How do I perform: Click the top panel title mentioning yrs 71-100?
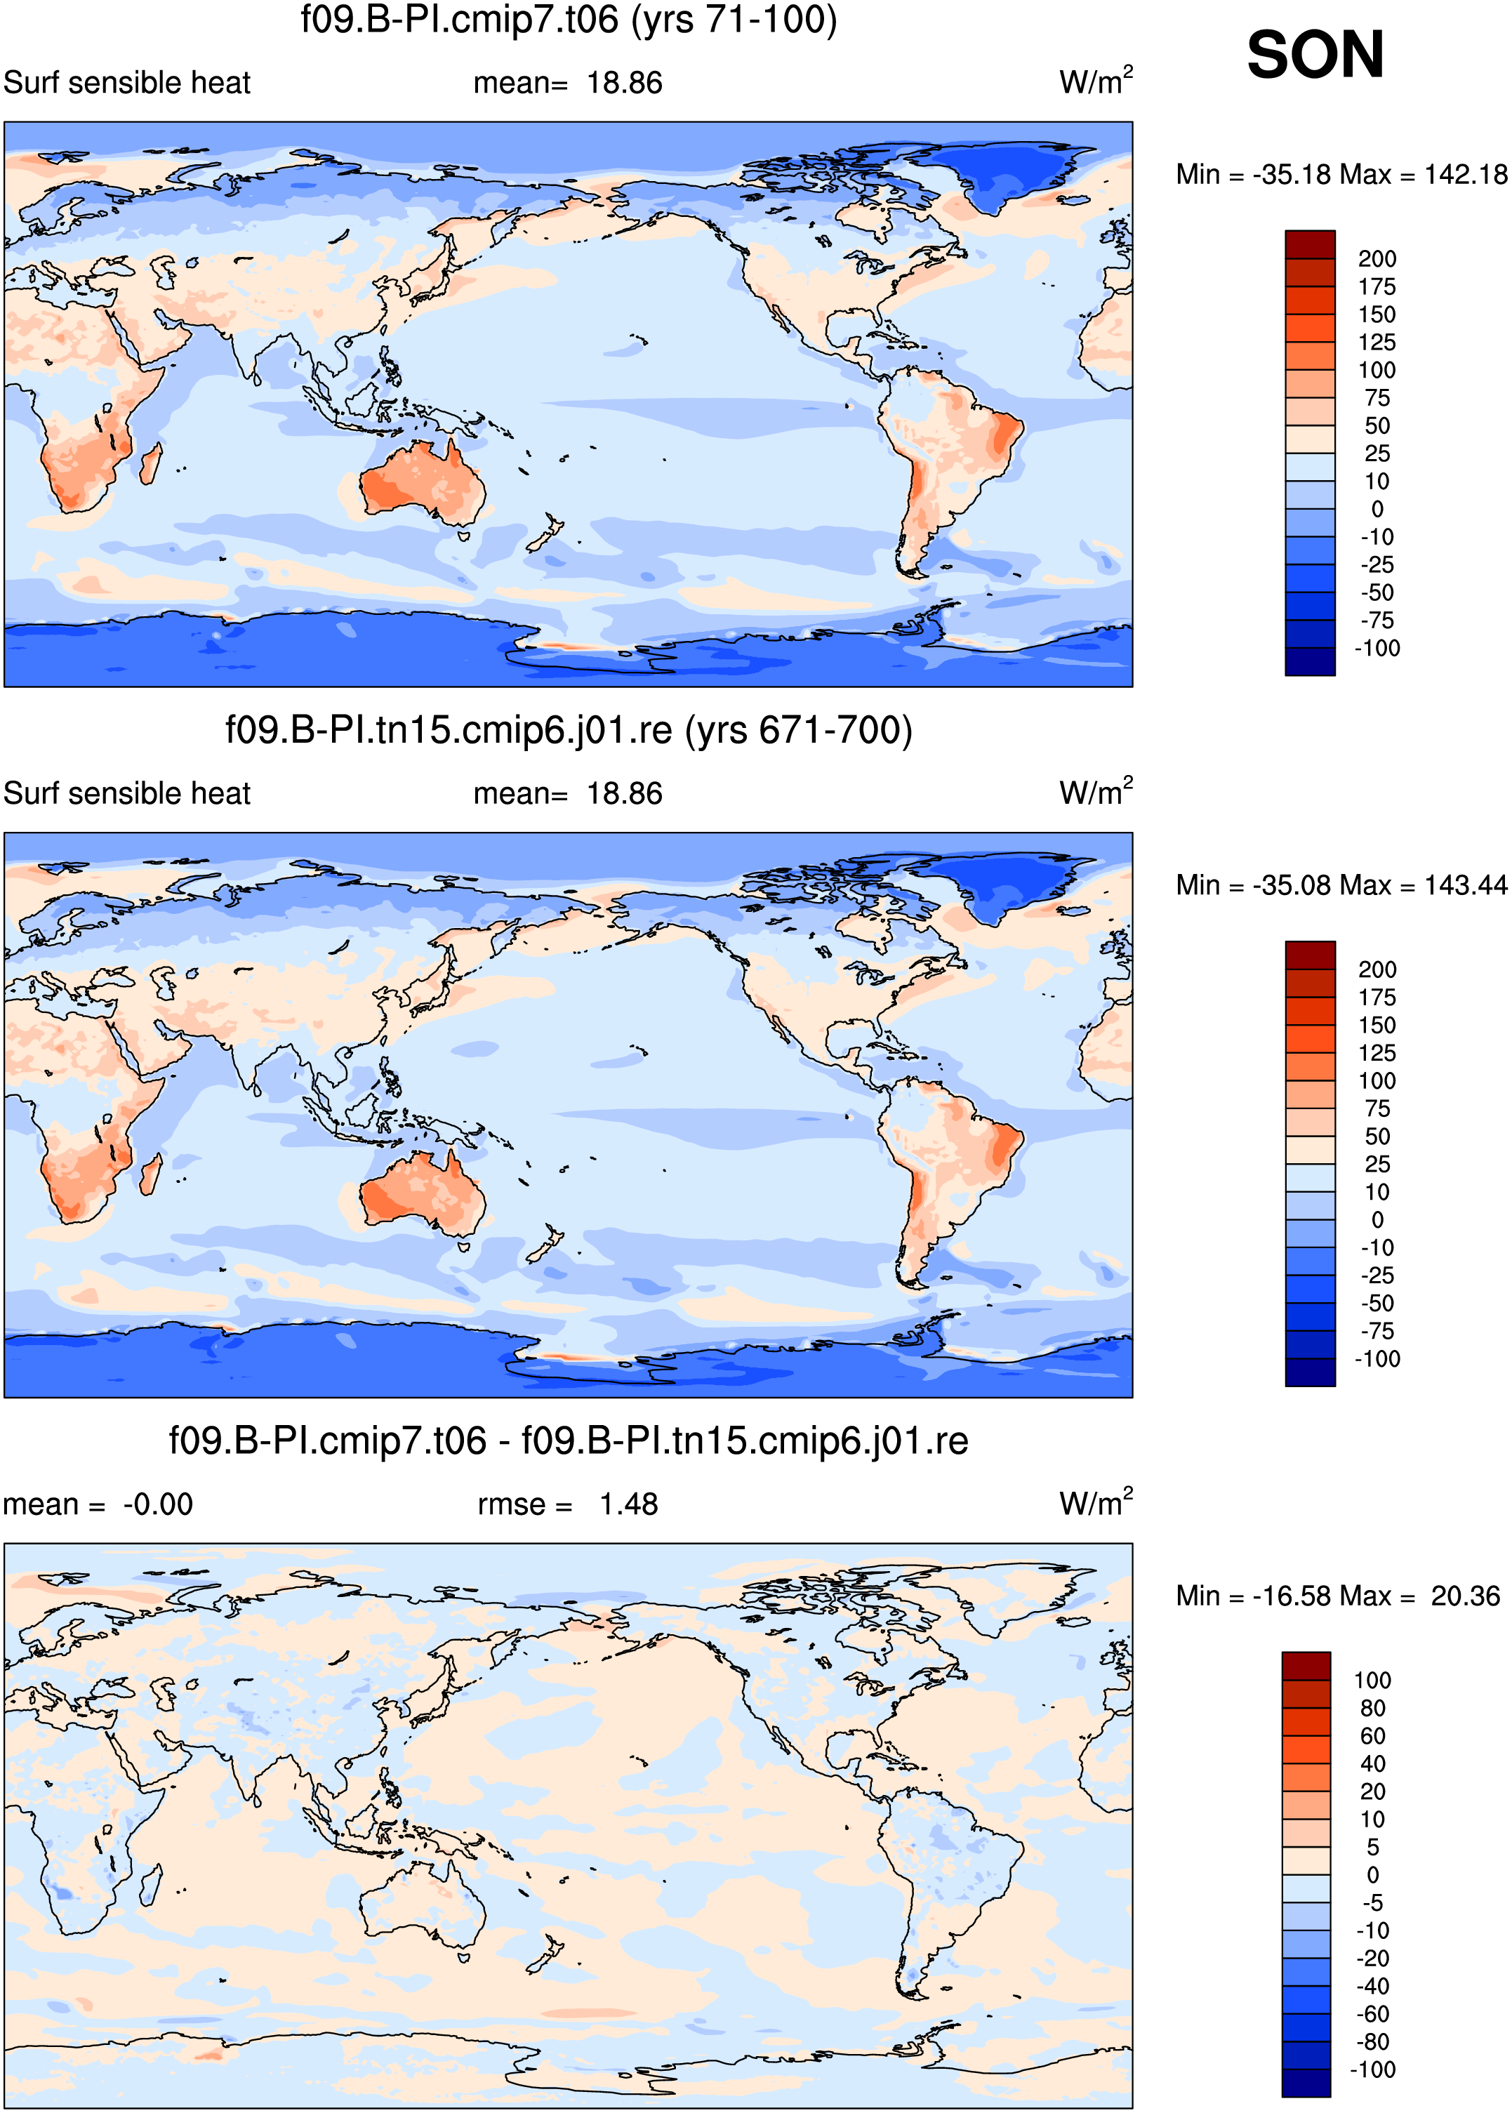point(569,20)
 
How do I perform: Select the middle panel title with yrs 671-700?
point(569,730)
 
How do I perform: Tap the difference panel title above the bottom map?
point(569,1441)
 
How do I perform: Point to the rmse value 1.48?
point(628,1504)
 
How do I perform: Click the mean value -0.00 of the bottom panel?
point(157,1504)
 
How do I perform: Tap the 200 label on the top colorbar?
point(1377,259)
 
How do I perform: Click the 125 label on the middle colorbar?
point(1377,1053)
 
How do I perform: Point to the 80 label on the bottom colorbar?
point(1372,1708)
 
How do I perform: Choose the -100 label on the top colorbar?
point(1377,648)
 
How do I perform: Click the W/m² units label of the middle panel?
point(1096,791)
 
